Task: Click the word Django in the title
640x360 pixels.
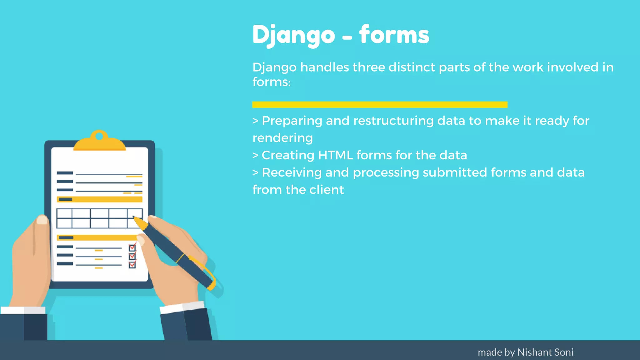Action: click(x=293, y=35)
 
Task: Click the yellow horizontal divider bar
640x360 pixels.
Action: click(x=380, y=105)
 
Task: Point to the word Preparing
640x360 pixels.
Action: click(x=292, y=121)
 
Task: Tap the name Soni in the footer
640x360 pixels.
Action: click(x=564, y=352)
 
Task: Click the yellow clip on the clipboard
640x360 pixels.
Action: click(x=99, y=142)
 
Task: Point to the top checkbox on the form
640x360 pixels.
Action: click(x=132, y=248)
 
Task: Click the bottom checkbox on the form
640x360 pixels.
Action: click(x=132, y=265)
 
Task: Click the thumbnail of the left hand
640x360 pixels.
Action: click(x=42, y=220)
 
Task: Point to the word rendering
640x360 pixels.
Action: click(x=282, y=138)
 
